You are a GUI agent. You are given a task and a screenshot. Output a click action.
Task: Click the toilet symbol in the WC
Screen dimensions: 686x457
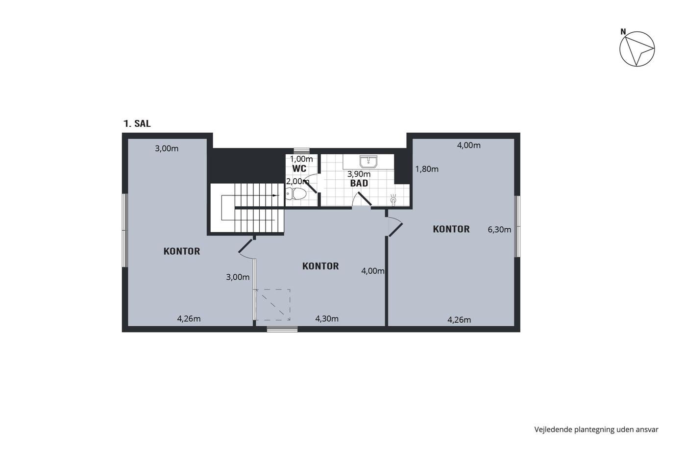pos(296,194)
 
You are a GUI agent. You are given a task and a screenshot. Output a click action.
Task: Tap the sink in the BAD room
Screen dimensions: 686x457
pos(368,162)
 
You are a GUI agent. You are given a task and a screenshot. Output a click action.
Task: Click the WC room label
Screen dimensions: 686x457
pos(299,168)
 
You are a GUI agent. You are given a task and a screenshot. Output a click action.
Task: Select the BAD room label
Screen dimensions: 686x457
pos(359,183)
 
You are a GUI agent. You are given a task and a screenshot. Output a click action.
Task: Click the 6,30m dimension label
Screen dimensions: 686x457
pos(499,230)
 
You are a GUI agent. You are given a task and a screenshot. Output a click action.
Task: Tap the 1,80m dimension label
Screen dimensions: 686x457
pos(427,169)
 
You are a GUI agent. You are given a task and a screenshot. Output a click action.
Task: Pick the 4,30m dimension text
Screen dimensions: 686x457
pos(327,319)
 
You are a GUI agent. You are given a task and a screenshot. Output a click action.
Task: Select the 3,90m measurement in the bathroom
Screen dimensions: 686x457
pos(359,174)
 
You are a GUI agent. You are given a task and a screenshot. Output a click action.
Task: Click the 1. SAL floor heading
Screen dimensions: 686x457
pos(137,123)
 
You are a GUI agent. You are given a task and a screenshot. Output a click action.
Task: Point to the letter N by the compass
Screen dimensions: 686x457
pos(623,32)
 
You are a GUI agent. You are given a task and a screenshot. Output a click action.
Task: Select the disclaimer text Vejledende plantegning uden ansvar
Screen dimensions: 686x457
pos(596,430)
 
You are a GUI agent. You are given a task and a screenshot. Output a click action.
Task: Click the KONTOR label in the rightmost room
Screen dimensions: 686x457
pos(451,229)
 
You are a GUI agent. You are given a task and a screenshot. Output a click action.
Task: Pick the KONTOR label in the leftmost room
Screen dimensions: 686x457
pos(182,251)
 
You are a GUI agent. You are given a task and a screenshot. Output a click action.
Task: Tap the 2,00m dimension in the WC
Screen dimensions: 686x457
pos(297,182)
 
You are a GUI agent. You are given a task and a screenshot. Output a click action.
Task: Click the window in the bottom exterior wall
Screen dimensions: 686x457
pos(282,329)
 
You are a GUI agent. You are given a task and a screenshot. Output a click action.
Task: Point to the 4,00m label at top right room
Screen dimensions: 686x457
pos(468,145)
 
